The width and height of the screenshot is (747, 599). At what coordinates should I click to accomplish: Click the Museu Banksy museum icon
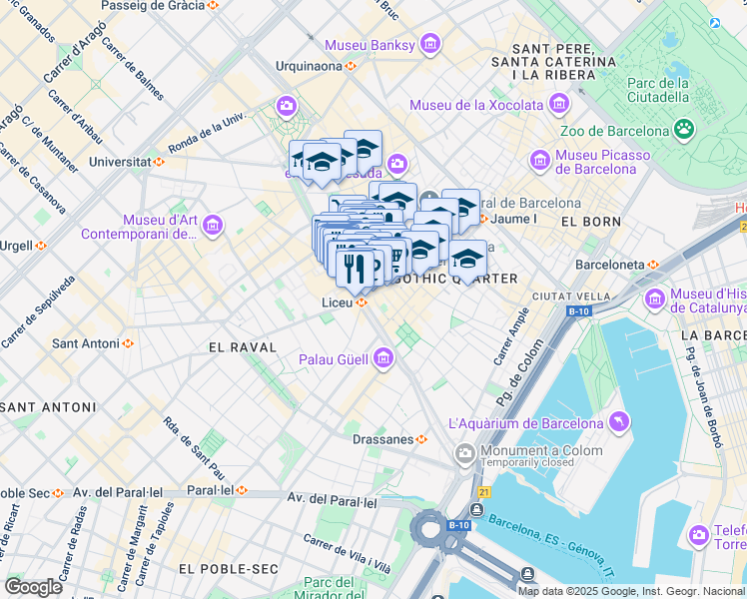pyautogui.click(x=430, y=44)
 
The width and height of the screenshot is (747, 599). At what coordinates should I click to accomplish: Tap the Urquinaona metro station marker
pyautogui.click(x=351, y=67)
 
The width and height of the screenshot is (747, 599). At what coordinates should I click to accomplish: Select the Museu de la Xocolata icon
pyautogui.click(x=558, y=105)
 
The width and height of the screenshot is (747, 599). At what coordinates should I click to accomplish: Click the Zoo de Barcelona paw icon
pyautogui.click(x=684, y=130)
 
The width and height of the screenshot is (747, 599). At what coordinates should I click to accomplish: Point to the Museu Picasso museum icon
pyautogui.click(x=540, y=161)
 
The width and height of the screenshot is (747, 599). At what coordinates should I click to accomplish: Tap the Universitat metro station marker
pyautogui.click(x=158, y=162)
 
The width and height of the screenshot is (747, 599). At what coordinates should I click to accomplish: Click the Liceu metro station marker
pyautogui.click(x=362, y=302)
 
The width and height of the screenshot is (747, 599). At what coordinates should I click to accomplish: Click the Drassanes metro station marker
pyautogui.click(x=422, y=438)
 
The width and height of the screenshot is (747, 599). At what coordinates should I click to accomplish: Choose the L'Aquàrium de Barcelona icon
pyautogui.click(x=617, y=423)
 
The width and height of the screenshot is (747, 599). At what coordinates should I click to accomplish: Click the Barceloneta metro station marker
pyautogui.click(x=653, y=265)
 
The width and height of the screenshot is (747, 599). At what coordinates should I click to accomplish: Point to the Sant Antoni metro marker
pyautogui.click(x=127, y=343)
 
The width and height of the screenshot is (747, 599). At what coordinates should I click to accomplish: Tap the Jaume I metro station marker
pyautogui.click(x=483, y=219)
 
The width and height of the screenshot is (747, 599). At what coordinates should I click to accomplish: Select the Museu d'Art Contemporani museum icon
pyautogui.click(x=212, y=227)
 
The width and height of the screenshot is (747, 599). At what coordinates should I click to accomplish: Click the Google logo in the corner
pyautogui.click(x=33, y=586)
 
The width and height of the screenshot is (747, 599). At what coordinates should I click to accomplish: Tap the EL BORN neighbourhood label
pyautogui.click(x=585, y=221)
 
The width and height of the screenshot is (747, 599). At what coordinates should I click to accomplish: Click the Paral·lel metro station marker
pyautogui.click(x=241, y=490)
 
